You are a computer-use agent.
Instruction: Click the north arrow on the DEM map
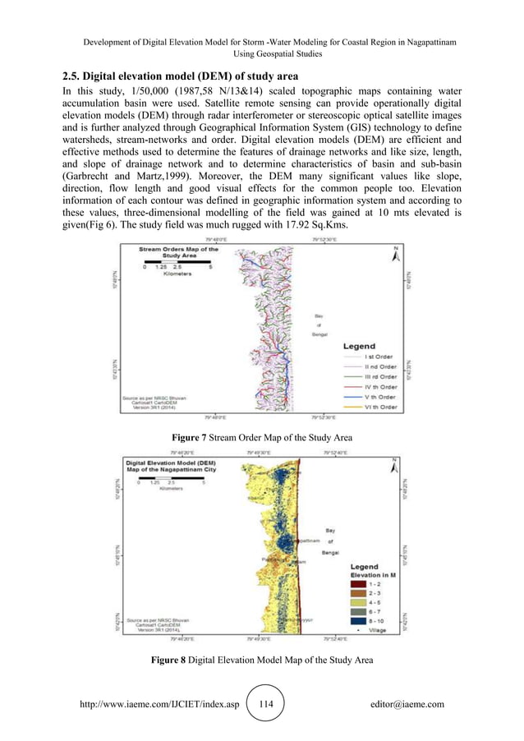tap(395, 464)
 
